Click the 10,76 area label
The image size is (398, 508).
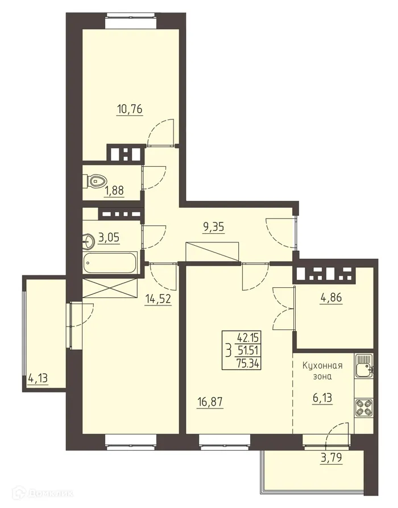click(x=129, y=109)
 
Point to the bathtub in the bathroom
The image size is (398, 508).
click(x=110, y=264)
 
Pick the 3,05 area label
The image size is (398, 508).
click(x=110, y=238)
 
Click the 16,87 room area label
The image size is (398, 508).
click(x=210, y=402)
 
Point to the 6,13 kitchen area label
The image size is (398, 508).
click(x=322, y=397)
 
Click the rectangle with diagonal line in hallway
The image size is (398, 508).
click(x=213, y=251)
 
